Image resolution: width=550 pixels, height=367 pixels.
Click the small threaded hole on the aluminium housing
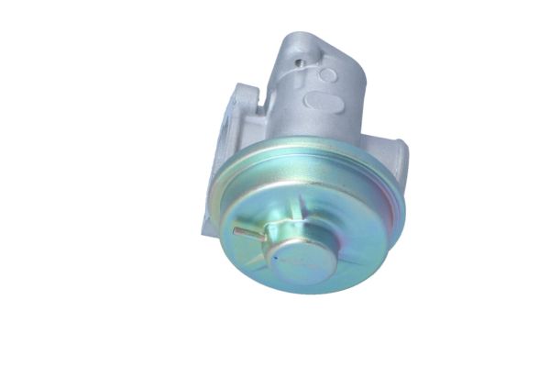[x=300, y=63]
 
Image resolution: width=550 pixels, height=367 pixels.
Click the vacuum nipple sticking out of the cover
[x=248, y=233]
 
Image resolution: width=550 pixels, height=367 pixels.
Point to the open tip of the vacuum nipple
[x=236, y=230]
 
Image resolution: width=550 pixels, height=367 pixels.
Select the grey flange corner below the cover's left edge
[x=209, y=225]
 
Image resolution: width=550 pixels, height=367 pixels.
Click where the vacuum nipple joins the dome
[x=264, y=237]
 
